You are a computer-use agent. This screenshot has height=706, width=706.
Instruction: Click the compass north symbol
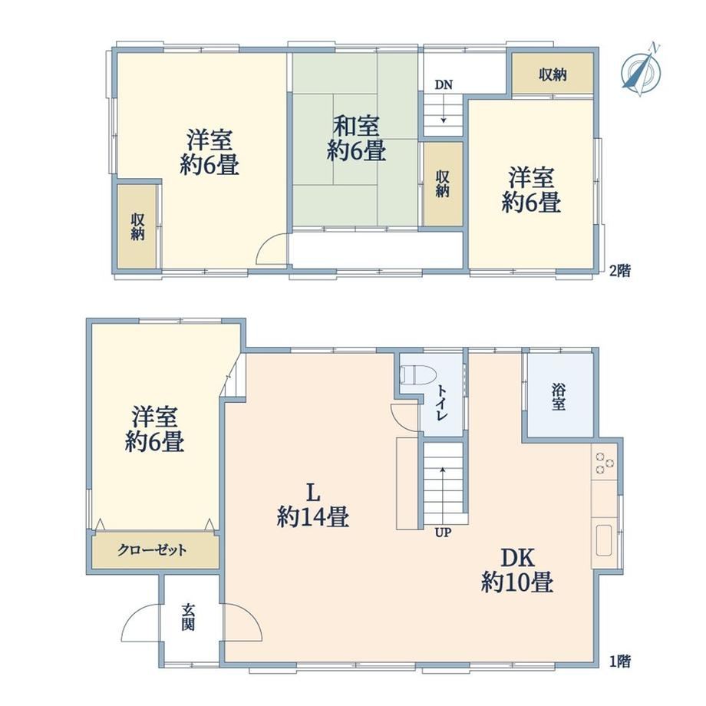click(x=641, y=70)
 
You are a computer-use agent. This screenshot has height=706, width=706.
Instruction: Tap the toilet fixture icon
click(x=418, y=374)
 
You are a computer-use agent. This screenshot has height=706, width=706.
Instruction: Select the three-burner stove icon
click(x=604, y=463)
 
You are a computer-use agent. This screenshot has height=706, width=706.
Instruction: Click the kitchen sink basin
click(x=604, y=540)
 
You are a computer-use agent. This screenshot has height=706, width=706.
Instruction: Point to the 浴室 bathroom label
click(x=559, y=397)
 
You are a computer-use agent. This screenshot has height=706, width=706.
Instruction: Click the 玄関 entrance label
click(x=188, y=617)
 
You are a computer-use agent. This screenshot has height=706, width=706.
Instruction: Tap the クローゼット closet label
click(x=152, y=549)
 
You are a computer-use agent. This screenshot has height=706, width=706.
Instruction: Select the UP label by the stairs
click(x=443, y=533)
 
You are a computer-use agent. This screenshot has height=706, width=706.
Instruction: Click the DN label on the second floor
click(x=444, y=84)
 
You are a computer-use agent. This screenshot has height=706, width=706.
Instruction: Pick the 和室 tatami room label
click(x=356, y=126)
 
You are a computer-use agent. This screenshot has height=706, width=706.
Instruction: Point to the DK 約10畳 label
click(x=517, y=571)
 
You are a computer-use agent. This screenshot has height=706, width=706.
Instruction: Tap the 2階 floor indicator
click(x=620, y=271)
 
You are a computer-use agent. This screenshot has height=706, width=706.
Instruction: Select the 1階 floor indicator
click(x=620, y=661)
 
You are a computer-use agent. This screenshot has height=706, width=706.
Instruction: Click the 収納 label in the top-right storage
click(x=553, y=74)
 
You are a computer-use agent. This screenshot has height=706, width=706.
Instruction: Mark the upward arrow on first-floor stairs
click(x=443, y=495)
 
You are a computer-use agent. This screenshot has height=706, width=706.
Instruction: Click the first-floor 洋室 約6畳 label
click(x=154, y=429)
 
